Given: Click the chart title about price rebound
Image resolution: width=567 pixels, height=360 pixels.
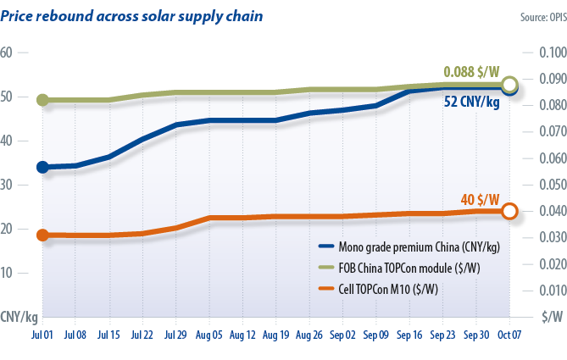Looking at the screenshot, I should point(131,16).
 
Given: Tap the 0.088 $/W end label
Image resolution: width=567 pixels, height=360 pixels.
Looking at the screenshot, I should point(470,73).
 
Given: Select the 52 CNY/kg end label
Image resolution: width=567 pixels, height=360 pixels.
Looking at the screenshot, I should point(472,102).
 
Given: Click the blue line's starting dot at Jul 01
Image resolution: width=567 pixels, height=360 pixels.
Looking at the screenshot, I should point(43,167).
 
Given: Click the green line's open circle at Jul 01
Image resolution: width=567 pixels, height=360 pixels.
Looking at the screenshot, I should point(43,100).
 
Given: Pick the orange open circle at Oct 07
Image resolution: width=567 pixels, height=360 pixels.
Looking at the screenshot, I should point(509,212).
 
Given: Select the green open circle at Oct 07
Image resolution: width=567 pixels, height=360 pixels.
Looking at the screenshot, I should point(509,84).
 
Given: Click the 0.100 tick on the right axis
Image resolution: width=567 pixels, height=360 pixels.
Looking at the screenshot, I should point(550,53).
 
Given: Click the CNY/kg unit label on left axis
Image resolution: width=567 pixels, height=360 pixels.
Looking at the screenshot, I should point(19,318).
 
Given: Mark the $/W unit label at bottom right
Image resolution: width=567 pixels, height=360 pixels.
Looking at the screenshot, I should point(552,318).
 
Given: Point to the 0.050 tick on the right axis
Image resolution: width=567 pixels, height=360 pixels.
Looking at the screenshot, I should point(550,185).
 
